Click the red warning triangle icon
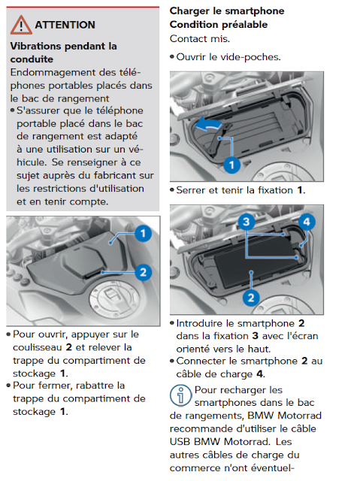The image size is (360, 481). [21, 25]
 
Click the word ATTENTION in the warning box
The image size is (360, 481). [65, 25]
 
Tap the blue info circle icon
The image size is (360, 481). [180, 396]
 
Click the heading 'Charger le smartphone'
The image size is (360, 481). [227, 11]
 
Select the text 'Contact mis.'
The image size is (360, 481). [200, 39]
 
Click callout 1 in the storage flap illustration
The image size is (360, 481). [143, 234]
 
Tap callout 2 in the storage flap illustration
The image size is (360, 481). [143, 272]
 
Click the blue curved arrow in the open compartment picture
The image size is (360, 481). [208, 125]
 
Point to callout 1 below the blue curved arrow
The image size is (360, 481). [231, 165]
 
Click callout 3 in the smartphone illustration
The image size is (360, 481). [247, 222]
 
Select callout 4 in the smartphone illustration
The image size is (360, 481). [307, 222]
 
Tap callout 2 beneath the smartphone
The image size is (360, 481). [251, 298]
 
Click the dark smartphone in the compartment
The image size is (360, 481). [256, 262]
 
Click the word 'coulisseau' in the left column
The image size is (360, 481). [38, 347]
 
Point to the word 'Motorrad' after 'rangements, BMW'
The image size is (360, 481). [299, 416]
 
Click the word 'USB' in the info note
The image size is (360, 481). [180, 442]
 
